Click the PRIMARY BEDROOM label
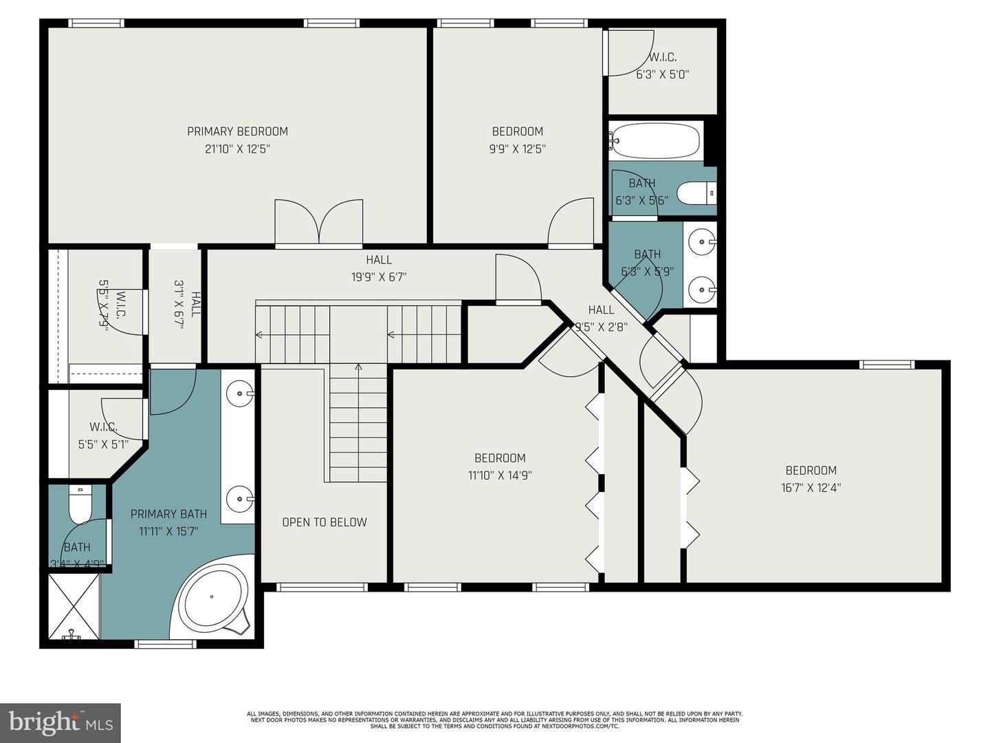point(237,131)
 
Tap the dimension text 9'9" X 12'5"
point(517,149)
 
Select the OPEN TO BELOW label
point(324,522)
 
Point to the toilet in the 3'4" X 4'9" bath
point(80,507)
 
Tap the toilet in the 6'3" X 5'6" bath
point(696,193)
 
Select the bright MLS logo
point(60,722)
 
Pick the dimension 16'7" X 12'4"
point(811,488)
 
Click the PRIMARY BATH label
point(168,514)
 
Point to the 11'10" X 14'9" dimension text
point(500,475)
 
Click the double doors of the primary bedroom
point(319,223)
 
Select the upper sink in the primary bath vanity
point(241,394)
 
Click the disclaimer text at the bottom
point(494,720)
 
